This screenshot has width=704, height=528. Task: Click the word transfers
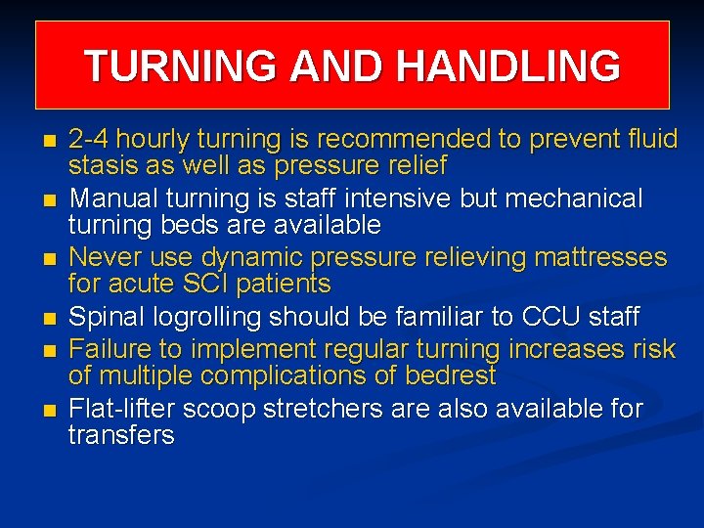click(x=121, y=435)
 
